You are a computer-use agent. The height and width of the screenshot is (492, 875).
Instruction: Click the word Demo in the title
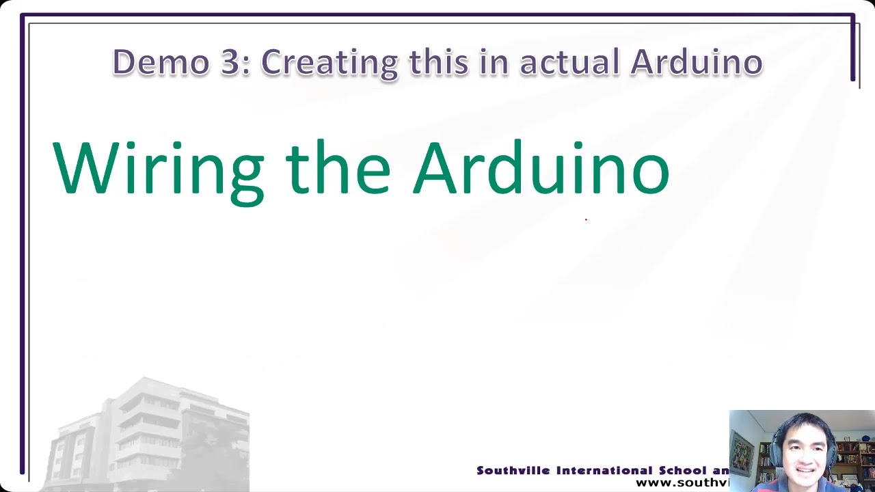(161, 62)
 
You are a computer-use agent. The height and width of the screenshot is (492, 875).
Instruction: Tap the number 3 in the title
(231, 62)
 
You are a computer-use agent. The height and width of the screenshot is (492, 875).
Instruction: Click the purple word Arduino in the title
(696, 62)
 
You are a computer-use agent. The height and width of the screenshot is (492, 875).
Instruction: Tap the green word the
(338, 168)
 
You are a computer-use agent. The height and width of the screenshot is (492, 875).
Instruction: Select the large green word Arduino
(541, 168)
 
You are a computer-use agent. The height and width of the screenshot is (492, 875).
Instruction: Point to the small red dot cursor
(586, 219)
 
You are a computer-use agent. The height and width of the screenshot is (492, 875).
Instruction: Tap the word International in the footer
(604, 471)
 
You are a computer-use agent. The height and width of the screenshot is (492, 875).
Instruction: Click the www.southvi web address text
(682, 483)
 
